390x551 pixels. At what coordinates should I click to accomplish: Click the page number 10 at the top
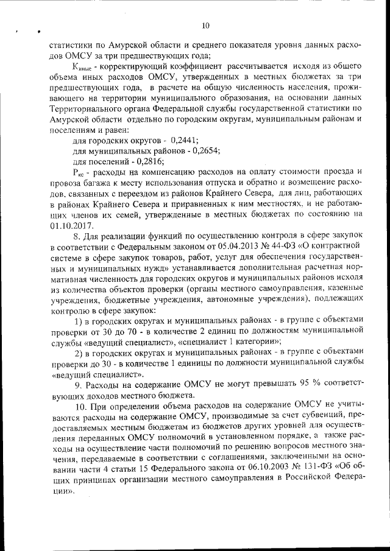[x=205, y=25]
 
